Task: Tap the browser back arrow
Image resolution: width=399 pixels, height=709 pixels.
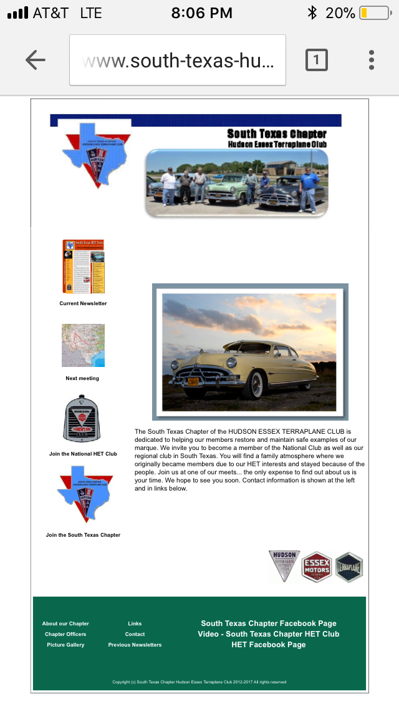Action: [35, 60]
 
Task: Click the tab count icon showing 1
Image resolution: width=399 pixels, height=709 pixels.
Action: [316, 60]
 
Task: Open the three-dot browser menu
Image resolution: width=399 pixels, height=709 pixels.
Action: [372, 60]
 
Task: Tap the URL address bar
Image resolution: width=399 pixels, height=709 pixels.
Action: [178, 60]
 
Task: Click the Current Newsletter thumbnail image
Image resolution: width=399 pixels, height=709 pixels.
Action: [83, 266]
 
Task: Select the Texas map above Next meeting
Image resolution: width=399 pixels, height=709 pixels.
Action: [83, 345]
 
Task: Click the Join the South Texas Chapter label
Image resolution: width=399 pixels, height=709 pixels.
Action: [83, 535]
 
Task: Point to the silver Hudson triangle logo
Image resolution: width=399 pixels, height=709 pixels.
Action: [284, 565]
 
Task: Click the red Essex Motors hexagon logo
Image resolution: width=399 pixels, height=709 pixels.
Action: [317, 567]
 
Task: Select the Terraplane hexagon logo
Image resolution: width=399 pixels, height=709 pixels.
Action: [349, 567]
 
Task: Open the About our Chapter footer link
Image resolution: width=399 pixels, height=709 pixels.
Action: [65, 623]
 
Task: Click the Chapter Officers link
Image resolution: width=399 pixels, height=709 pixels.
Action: [65, 634]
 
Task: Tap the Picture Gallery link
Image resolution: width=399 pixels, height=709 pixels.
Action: [65, 645]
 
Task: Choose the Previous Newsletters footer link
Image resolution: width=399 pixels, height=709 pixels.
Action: [135, 645]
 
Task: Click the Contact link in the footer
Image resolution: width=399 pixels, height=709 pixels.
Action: [135, 634]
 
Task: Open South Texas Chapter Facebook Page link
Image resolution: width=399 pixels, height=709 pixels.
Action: [269, 623]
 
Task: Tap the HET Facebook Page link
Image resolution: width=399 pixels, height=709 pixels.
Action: [269, 645]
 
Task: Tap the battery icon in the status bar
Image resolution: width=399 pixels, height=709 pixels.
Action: [373, 12]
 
